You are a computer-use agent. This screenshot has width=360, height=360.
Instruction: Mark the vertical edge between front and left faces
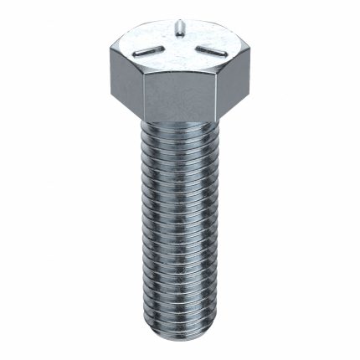pyautogui.click(x=142, y=97)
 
